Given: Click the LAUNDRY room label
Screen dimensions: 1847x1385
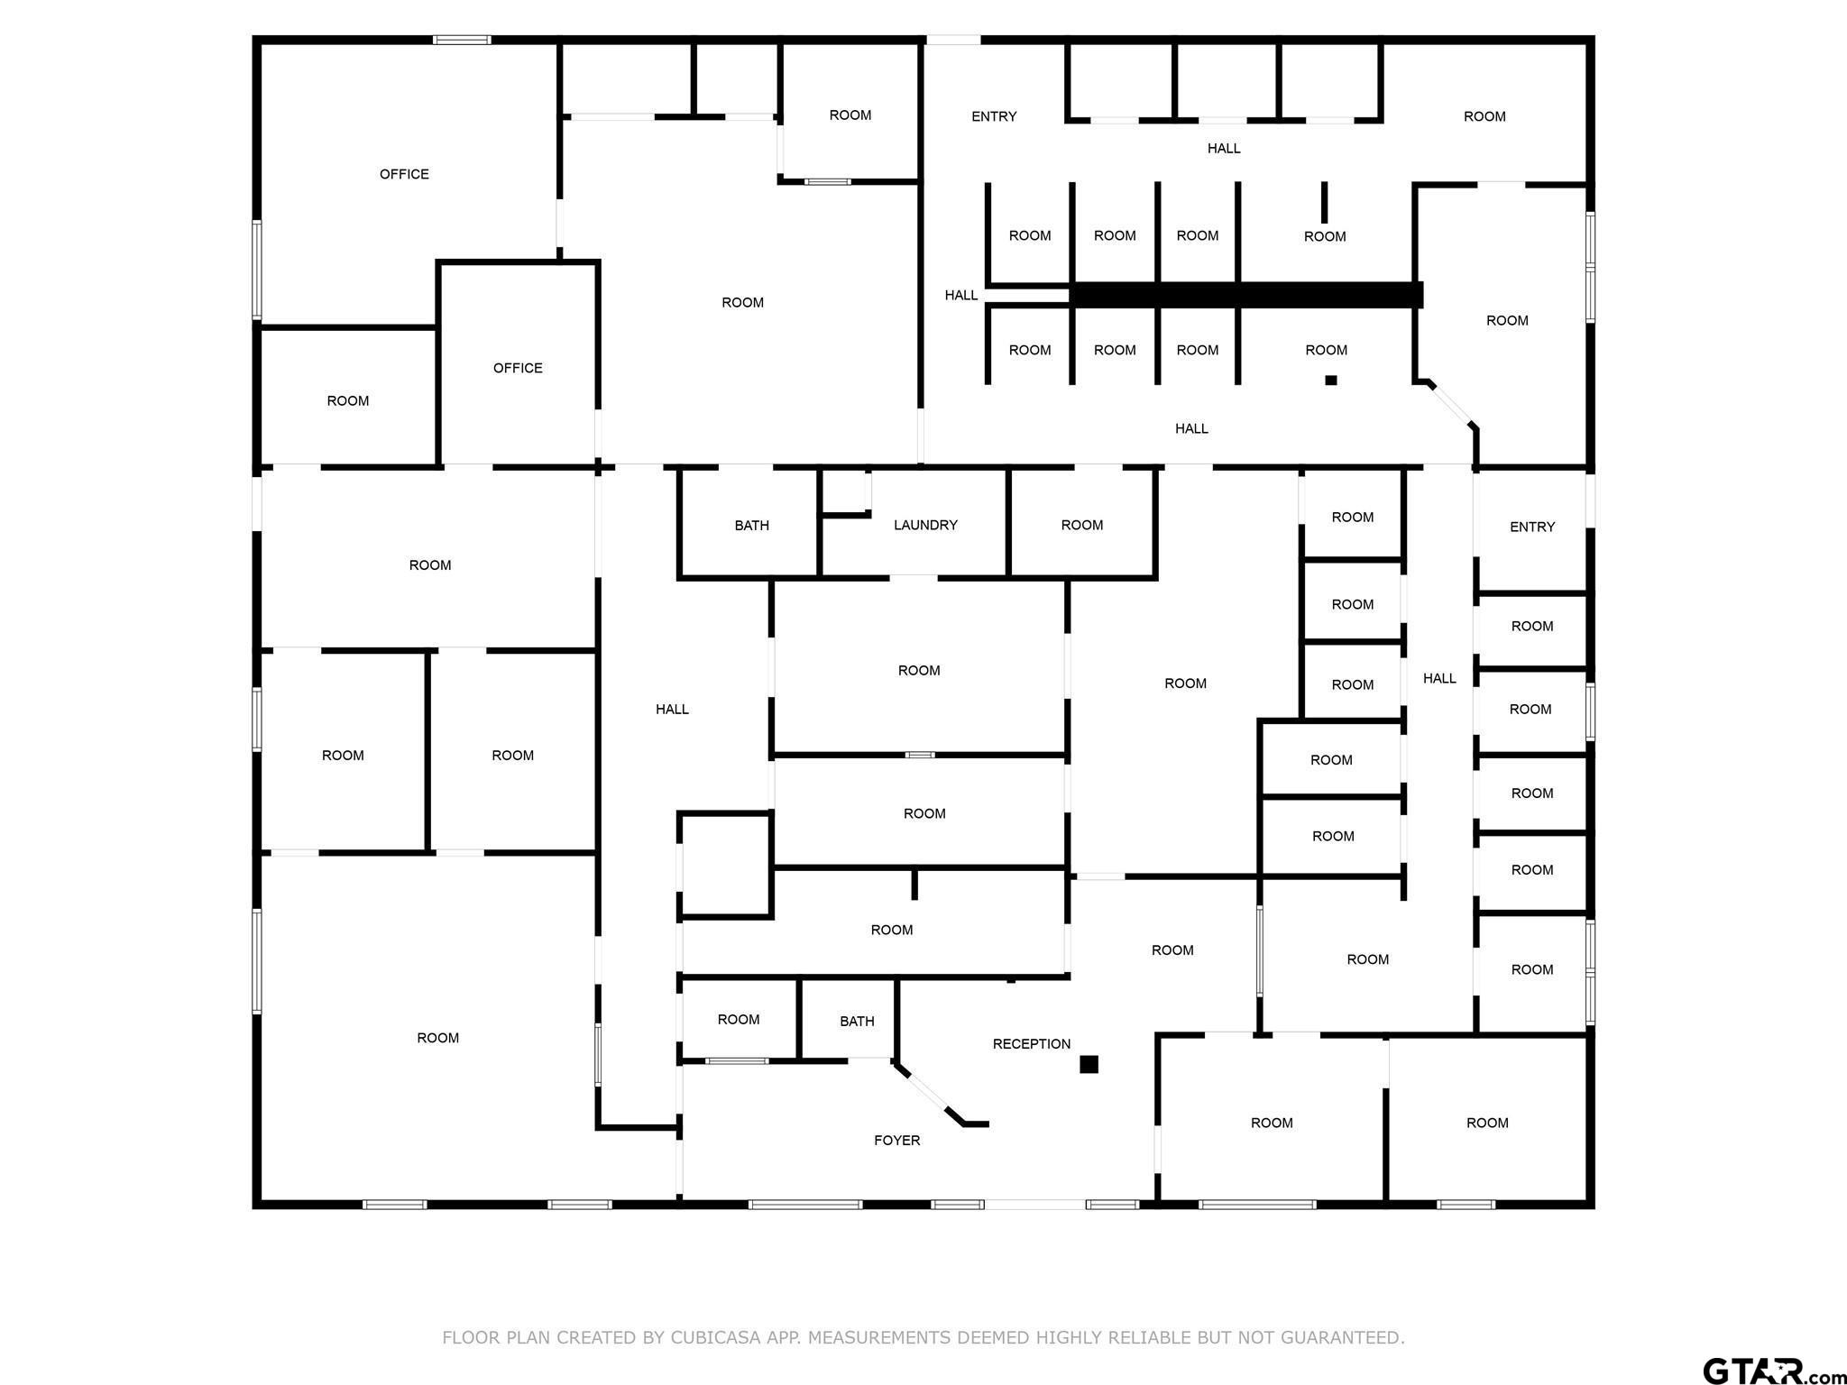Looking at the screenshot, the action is click(x=925, y=525).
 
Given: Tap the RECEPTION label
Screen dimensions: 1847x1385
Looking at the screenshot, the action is click(x=1032, y=1043).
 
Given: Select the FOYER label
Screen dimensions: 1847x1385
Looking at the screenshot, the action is click(x=897, y=1140).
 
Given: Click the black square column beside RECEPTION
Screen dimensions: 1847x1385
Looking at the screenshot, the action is click(x=1089, y=1064).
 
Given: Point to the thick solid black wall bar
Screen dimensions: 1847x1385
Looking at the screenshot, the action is click(x=1245, y=295).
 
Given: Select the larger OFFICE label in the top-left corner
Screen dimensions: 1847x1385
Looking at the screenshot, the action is click(x=404, y=174).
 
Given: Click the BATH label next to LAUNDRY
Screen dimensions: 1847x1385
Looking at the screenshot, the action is click(x=752, y=525).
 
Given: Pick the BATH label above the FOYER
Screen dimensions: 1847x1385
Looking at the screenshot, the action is click(x=857, y=1021).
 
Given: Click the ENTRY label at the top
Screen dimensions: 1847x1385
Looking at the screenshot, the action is click(x=994, y=116).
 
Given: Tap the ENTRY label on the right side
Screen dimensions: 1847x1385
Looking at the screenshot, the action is click(x=1532, y=527).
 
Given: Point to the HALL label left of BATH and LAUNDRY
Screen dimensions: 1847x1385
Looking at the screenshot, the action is click(x=672, y=710).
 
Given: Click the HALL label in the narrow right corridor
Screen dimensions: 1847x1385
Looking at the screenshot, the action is click(x=1439, y=678).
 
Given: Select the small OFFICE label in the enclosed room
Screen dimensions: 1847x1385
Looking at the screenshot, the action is click(x=518, y=368).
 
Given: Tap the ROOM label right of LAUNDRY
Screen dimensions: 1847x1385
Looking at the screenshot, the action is click(x=1082, y=525).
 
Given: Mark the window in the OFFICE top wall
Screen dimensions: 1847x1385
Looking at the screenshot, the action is click(x=462, y=40).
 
